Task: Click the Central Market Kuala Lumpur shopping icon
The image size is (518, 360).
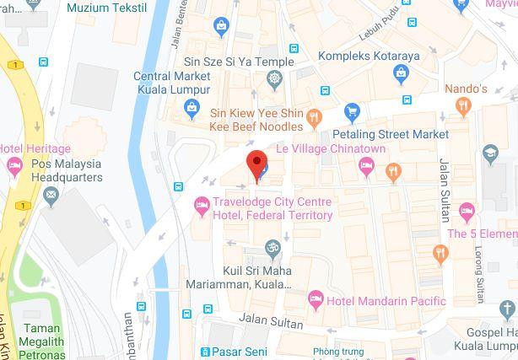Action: coord(192,107)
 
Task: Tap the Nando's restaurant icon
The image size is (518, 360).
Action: coord(462,106)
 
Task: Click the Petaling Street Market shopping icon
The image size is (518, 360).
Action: coord(352,112)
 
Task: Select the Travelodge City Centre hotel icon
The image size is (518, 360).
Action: coord(202,204)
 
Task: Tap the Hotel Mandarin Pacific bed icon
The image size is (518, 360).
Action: coord(315,298)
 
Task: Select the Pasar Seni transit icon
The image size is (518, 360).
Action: coord(205,351)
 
